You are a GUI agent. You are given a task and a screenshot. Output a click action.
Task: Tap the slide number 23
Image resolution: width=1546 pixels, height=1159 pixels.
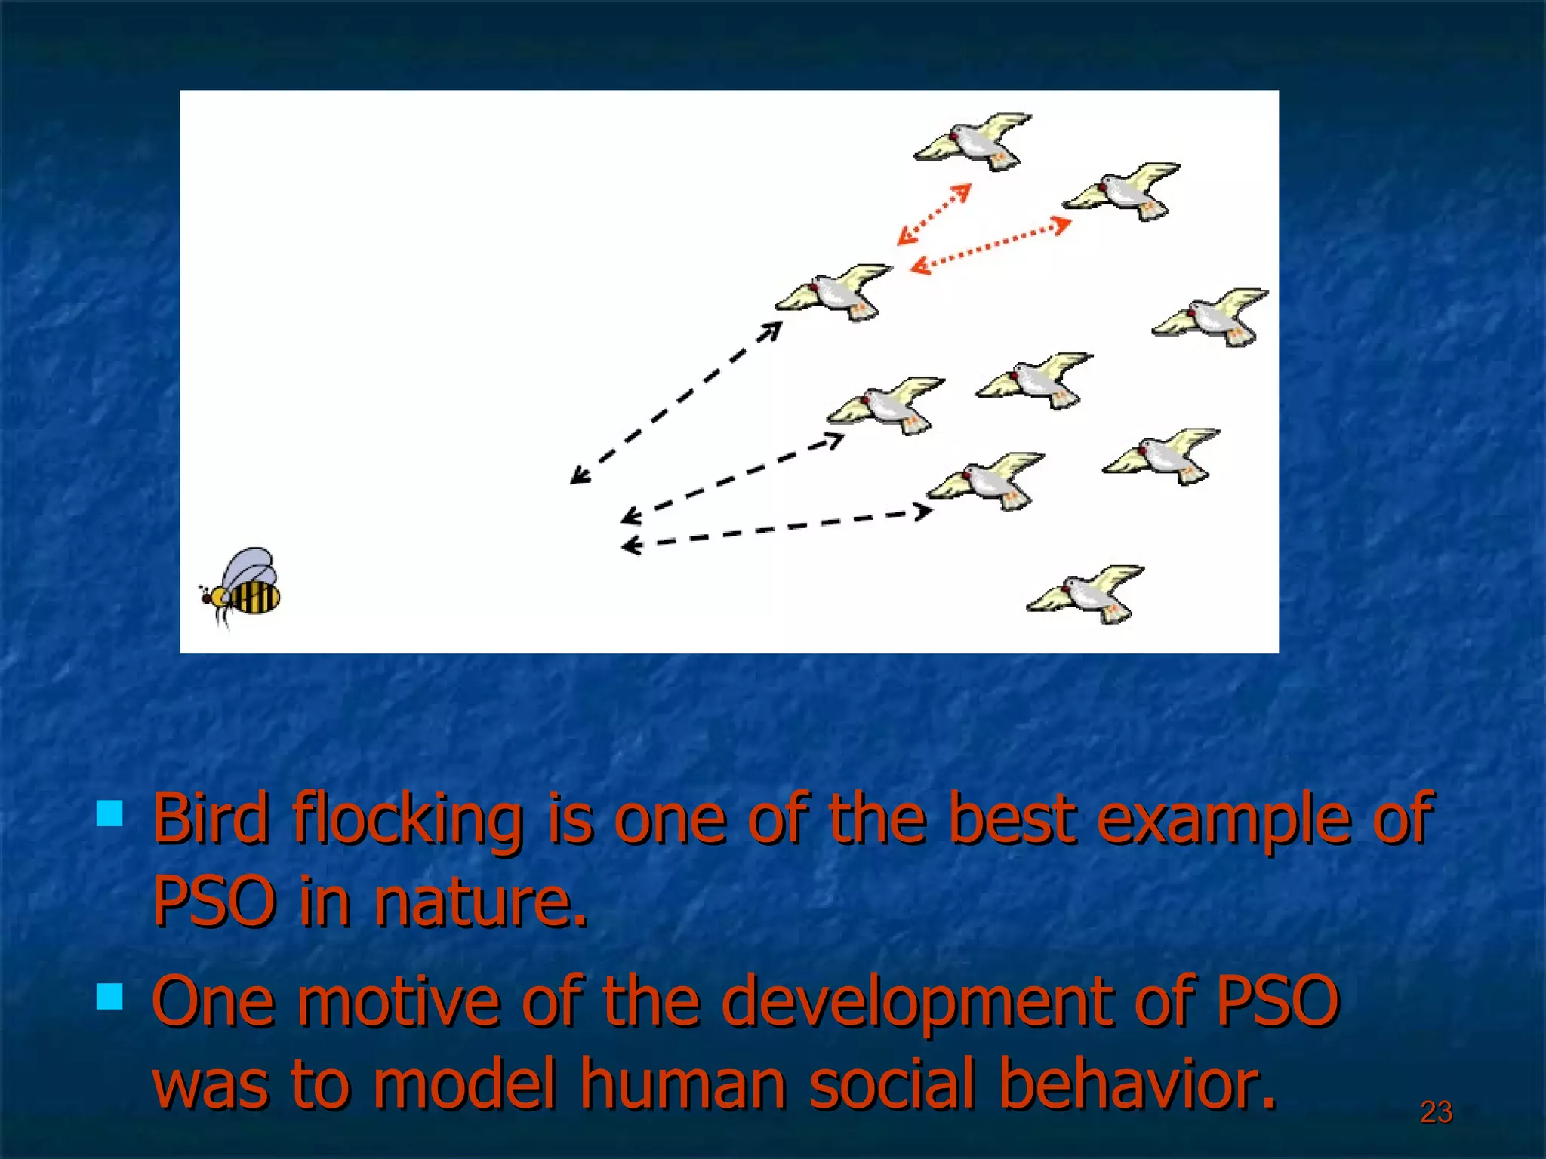coord(1436,1112)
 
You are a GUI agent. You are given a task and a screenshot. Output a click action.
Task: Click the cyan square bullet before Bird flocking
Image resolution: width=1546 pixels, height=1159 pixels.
coord(110,814)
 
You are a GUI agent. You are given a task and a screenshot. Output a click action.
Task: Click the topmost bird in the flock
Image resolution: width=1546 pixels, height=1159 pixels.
coord(974,142)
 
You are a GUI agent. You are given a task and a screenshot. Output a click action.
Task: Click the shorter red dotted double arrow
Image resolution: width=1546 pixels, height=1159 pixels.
coord(934,214)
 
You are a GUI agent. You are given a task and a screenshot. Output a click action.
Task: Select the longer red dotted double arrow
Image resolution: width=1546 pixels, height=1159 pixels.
coord(990,245)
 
